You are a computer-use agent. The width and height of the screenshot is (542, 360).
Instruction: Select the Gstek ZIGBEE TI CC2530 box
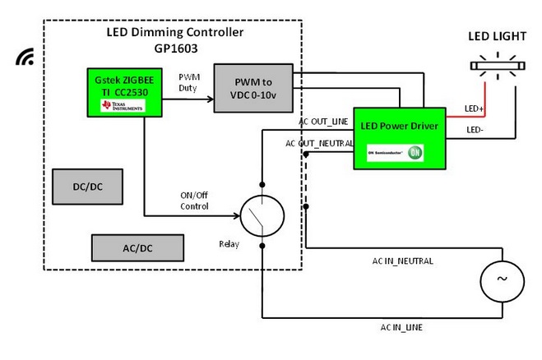coord(123,90)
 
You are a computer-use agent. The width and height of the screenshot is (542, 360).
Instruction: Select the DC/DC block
coord(87,187)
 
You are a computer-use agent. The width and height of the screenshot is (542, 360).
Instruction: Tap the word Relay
coord(229,244)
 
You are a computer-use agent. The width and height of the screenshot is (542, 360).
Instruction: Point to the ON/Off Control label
coord(194,200)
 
